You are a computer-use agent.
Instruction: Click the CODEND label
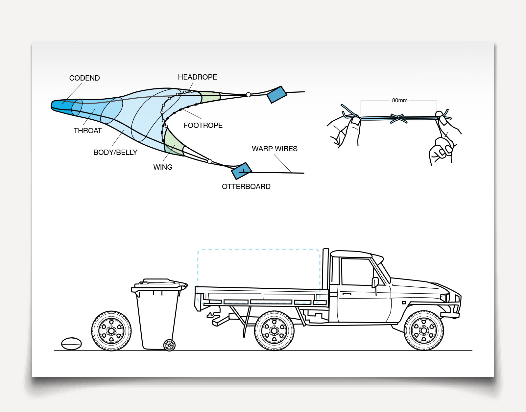(84, 78)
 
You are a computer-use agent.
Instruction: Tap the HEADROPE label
(198, 77)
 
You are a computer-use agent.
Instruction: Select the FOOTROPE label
(203, 125)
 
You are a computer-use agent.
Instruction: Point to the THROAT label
(88, 131)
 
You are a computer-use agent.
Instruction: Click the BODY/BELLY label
(115, 152)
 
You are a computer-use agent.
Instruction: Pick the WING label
(163, 167)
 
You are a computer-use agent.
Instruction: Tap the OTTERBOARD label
(246, 187)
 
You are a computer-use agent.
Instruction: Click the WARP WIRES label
(275, 149)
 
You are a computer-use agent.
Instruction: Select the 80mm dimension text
(400, 101)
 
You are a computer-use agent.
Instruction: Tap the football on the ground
(71, 344)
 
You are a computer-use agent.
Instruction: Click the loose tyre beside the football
(111, 331)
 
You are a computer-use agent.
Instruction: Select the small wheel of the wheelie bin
(169, 345)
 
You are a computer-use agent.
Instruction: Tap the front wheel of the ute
(424, 331)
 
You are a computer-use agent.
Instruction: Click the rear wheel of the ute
(274, 331)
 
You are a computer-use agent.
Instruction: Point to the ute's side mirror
(375, 282)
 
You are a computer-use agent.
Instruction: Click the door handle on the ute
(347, 294)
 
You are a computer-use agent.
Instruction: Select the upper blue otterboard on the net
(277, 95)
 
